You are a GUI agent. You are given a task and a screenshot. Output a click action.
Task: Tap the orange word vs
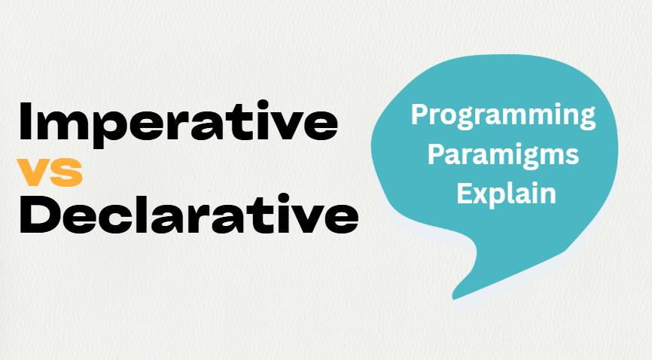point(50,172)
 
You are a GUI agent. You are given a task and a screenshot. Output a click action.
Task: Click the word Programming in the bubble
point(503,117)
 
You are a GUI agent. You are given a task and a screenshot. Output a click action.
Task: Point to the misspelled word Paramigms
point(503,156)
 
